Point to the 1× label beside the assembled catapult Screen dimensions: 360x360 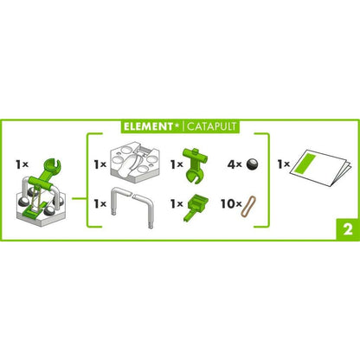[24, 162]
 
